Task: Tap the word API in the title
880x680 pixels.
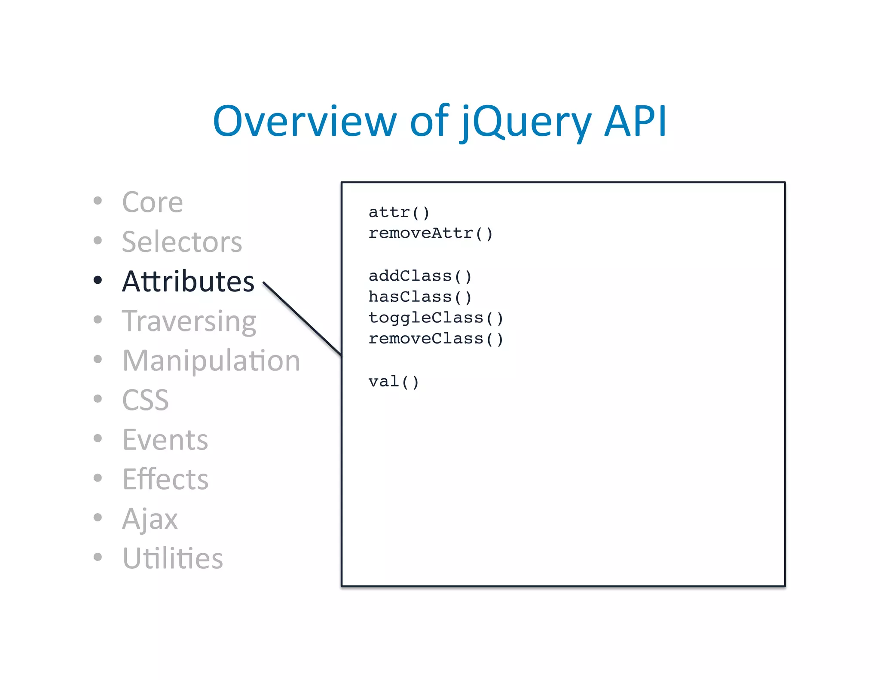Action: click(635, 122)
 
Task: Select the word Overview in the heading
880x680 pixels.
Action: click(304, 122)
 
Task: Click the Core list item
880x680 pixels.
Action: click(153, 202)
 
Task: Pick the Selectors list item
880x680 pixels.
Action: click(182, 242)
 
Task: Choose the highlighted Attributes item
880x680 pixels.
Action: click(188, 282)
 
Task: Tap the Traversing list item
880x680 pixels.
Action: click(189, 321)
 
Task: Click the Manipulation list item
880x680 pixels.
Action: click(211, 361)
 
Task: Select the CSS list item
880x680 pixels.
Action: click(145, 400)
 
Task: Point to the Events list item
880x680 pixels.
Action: click(165, 440)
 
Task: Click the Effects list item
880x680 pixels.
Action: click(165, 479)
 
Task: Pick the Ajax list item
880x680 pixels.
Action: click(150, 519)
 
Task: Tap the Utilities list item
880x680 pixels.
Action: click(172, 558)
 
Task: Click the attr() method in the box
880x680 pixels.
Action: click(399, 212)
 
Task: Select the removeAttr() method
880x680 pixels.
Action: click(430, 233)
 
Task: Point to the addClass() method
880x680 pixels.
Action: click(420, 276)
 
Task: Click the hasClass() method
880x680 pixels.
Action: click(420, 297)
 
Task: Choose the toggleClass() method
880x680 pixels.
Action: click(435, 318)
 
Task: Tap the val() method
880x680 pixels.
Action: click(393, 382)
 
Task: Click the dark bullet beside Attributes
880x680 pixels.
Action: click(98, 280)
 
